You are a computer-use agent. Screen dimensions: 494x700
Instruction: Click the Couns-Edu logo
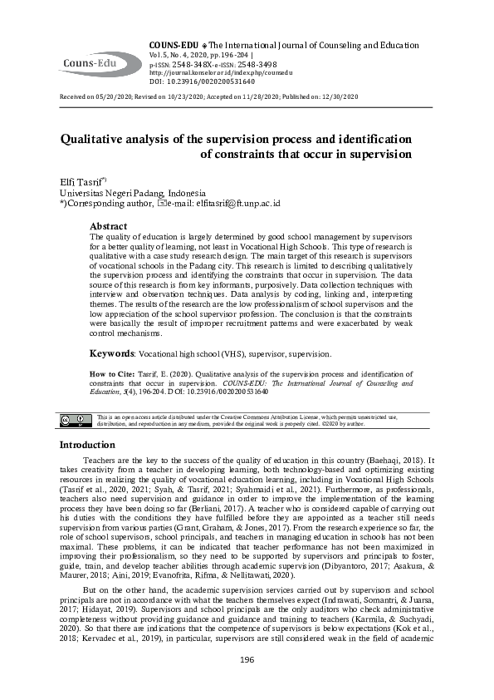pyautogui.click(x=90, y=61)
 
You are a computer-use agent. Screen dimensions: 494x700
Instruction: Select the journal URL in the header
pyautogui.click(x=213, y=72)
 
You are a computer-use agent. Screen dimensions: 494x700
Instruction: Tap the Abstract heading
pyautogui.click(x=108, y=226)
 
